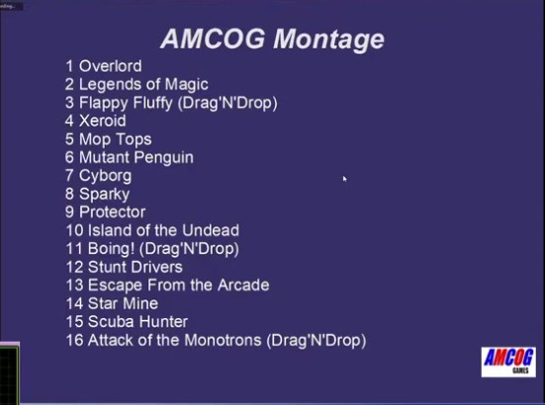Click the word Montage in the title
pyautogui.click(x=328, y=40)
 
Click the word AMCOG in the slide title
pyautogui.click(x=213, y=39)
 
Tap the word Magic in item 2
pyautogui.click(x=186, y=85)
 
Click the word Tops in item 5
pyautogui.click(x=134, y=139)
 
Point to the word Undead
pyautogui.click(x=211, y=230)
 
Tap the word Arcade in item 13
pyautogui.click(x=243, y=284)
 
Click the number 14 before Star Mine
pyautogui.click(x=74, y=303)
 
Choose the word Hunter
pyautogui.click(x=163, y=321)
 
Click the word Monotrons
pyautogui.click(x=223, y=340)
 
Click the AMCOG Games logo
pyautogui.click(x=508, y=362)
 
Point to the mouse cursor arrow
pyautogui.click(x=344, y=179)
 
